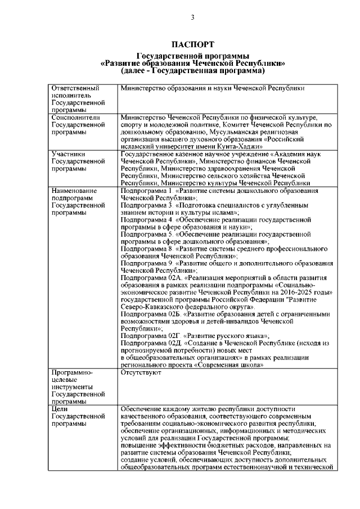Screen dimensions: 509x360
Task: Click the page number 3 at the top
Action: [x=192, y=17]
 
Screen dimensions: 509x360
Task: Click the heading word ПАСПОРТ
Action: [x=192, y=44]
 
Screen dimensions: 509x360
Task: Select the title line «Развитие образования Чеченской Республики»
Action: [x=192, y=64]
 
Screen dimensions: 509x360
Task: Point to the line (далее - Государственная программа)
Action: [x=192, y=71]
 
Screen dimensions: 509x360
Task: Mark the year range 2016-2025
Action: [x=295, y=292]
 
